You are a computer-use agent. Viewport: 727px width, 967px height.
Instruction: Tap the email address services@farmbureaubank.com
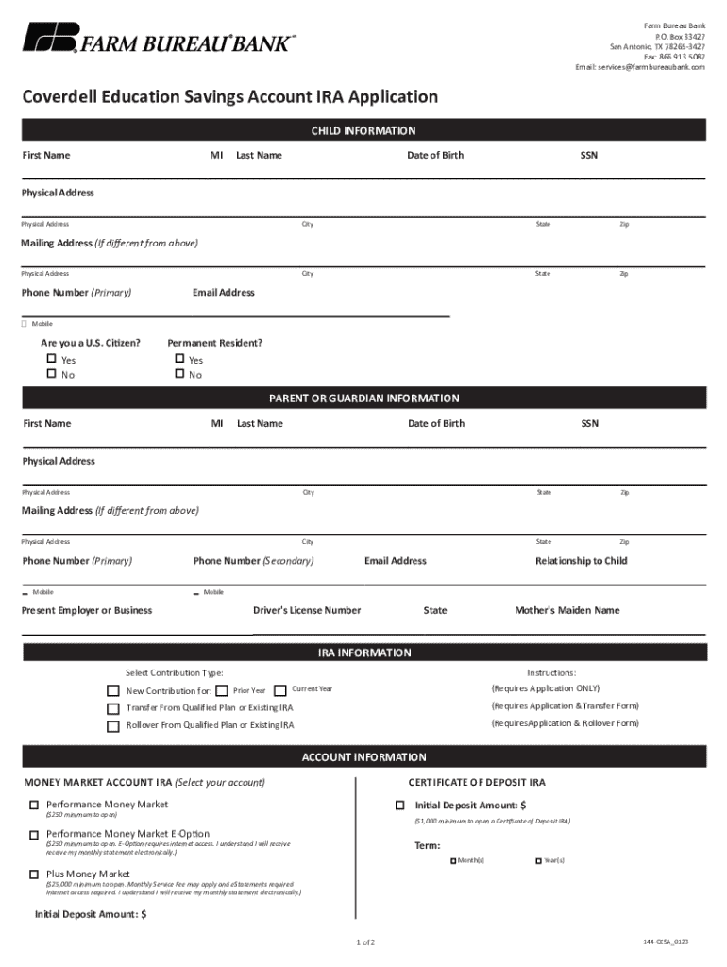click(640, 67)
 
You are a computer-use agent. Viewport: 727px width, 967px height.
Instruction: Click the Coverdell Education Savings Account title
click(230, 97)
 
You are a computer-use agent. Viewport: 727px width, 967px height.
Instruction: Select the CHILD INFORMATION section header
click(363, 131)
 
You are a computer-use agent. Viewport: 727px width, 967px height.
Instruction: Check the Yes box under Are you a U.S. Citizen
click(52, 360)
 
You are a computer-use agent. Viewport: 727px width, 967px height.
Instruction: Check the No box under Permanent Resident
click(179, 375)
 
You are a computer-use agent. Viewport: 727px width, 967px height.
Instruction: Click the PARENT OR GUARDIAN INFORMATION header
click(363, 399)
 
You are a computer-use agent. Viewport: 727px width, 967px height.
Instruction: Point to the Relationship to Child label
click(581, 561)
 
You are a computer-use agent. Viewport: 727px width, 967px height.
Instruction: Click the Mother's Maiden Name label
click(566, 610)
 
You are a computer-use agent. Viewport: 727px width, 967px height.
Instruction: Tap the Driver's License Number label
click(307, 610)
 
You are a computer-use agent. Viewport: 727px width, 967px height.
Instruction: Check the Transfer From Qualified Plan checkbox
click(113, 708)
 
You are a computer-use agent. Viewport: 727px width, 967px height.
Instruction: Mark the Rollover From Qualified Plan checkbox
click(113, 726)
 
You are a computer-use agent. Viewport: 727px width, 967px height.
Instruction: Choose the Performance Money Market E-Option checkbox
click(34, 835)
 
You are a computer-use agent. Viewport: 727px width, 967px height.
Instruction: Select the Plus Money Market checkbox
click(34, 874)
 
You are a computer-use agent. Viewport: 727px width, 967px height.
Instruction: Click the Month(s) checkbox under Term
click(453, 861)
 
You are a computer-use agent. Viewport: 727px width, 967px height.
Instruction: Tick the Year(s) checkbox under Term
click(539, 861)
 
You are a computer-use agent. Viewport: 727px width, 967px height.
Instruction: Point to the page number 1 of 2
click(365, 942)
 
